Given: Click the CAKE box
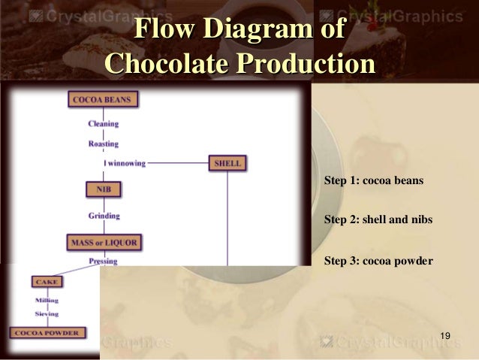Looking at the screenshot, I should (x=46, y=282).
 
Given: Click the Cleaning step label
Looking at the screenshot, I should (x=103, y=123).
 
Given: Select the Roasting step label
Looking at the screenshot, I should (x=103, y=143).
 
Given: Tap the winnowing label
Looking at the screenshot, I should (x=125, y=162).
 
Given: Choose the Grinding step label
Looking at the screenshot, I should (x=104, y=216).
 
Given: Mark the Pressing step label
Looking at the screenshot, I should (x=103, y=262).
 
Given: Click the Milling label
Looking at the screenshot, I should (x=47, y=300).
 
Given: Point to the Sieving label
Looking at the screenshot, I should (x=47, y=313).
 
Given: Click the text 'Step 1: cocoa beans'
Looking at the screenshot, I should (x=373, y=181).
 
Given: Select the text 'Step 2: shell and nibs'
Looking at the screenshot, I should (x=378, y=220).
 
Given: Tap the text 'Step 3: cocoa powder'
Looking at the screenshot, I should (x=378, y=261).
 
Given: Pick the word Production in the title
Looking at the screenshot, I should (x=306, y=62).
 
